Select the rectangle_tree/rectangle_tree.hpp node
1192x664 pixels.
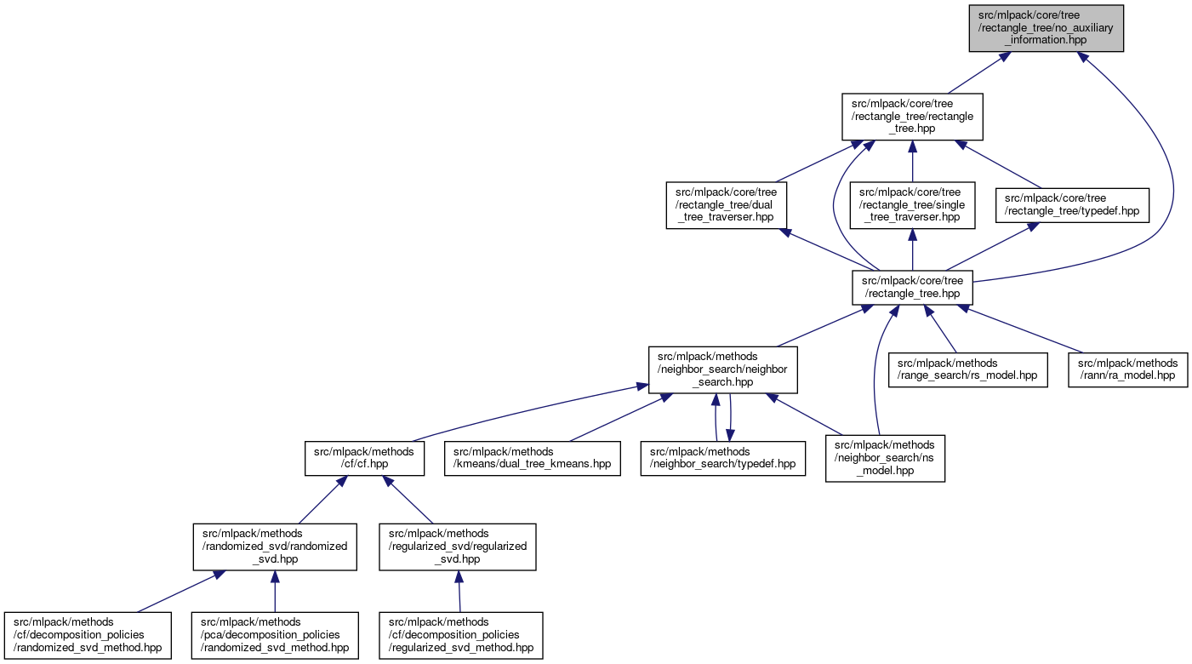912,117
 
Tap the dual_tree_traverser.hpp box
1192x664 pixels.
726,205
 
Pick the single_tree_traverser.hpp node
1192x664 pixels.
912,205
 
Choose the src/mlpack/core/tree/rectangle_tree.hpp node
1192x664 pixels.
912,287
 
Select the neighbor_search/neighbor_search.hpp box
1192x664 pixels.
722,369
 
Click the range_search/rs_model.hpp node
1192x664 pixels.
968,369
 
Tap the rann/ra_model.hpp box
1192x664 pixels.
1127,369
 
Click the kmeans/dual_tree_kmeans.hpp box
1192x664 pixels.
532,458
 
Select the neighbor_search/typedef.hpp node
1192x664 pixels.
722,458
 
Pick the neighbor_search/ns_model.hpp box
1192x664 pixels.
885,458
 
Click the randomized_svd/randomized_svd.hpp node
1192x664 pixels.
274,547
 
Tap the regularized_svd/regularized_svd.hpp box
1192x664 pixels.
458,547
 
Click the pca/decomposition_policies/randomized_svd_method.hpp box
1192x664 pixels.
274,635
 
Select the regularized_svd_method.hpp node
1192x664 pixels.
460,635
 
